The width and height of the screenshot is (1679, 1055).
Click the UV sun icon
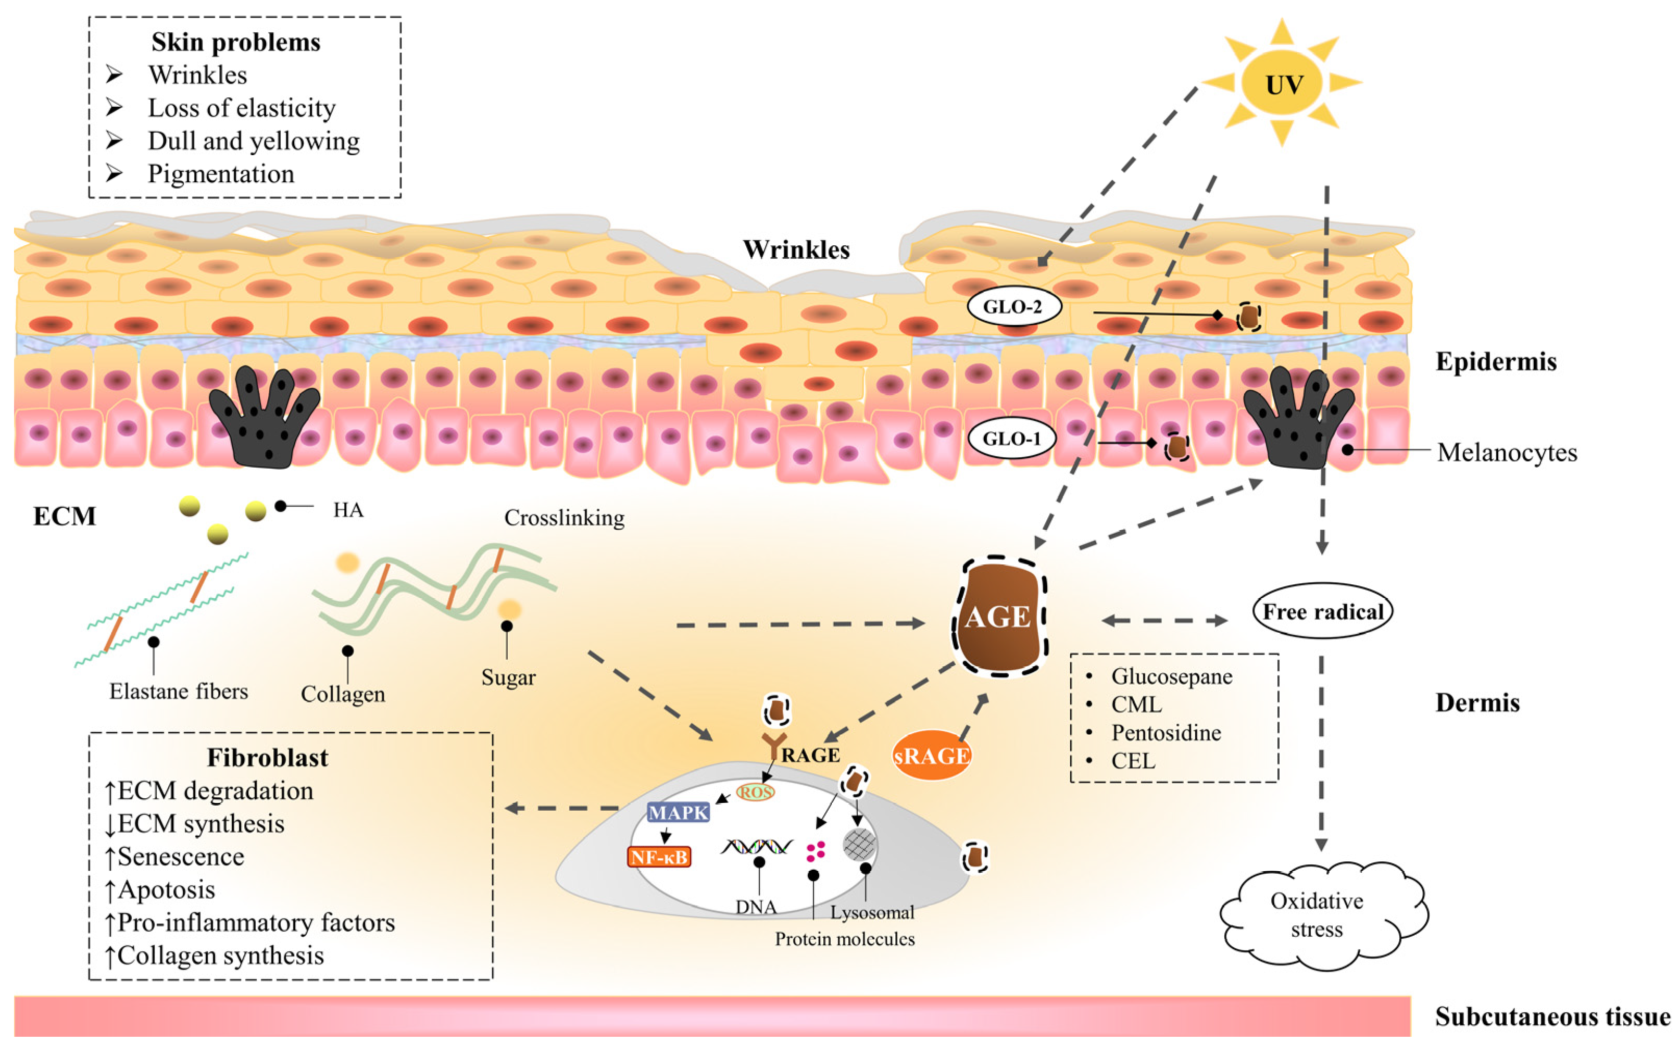(x=1282, y=84)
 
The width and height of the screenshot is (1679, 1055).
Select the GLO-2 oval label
(x=1013, y=306)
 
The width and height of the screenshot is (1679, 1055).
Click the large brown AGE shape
(x=998, y=617)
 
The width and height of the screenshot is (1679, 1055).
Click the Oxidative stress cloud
(x=1317, y=915)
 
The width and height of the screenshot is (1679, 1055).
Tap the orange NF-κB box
(x=659, y=856)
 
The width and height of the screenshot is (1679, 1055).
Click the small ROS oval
(x=755, y=792)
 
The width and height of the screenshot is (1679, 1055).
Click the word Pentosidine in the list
(x=1166, y=733)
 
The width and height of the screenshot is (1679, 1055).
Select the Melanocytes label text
(x=1507, y=453)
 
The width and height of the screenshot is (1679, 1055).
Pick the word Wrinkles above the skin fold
(x=796, y=249)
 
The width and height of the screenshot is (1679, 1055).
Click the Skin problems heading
(x=236, y=43)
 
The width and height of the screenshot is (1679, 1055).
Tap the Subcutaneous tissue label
(x=1552, y=1016)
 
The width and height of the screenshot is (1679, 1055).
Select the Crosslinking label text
(x=564, y=518)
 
